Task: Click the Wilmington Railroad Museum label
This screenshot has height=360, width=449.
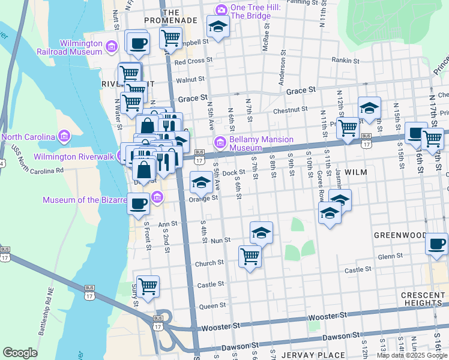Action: click(x=80, y=47)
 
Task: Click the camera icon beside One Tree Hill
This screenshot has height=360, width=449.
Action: click(x=221, y=10)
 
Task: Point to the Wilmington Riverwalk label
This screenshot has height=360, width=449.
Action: click(x=74, y=157)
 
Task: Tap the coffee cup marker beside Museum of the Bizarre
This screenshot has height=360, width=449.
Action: click(x=139, y=204)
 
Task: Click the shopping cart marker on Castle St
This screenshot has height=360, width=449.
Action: click(x=148, y=286)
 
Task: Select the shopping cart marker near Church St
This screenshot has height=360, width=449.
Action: click(x=250, y=256)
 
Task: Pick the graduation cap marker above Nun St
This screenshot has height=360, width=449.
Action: click(x=261, y=232)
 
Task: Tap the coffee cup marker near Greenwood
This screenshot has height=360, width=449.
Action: click(x=436, y=244)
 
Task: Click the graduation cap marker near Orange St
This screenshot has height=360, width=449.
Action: click(x=201, y=182)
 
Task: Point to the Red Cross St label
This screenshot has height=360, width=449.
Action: click(x=193, y=61)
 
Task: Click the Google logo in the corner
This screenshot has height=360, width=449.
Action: click(x=20, y=353)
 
